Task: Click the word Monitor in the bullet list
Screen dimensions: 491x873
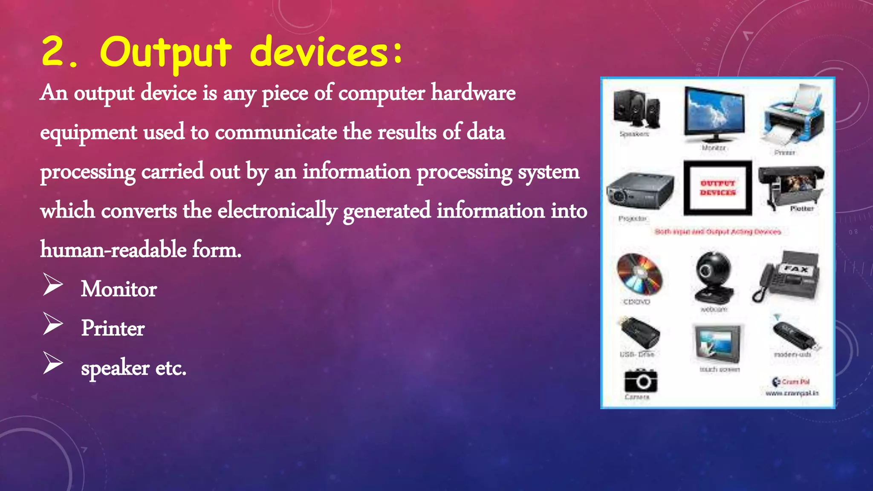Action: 119,289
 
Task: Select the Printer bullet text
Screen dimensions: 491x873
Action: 113,329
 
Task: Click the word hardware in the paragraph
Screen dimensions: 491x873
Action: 473,93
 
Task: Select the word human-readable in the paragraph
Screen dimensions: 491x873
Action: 113,250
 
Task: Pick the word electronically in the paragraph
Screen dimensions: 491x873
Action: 277,211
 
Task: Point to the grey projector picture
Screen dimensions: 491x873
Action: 639,191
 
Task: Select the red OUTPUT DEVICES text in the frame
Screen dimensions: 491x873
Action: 718,188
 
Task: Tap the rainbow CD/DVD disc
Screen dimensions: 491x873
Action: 639,274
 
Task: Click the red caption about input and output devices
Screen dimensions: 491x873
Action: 718,232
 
